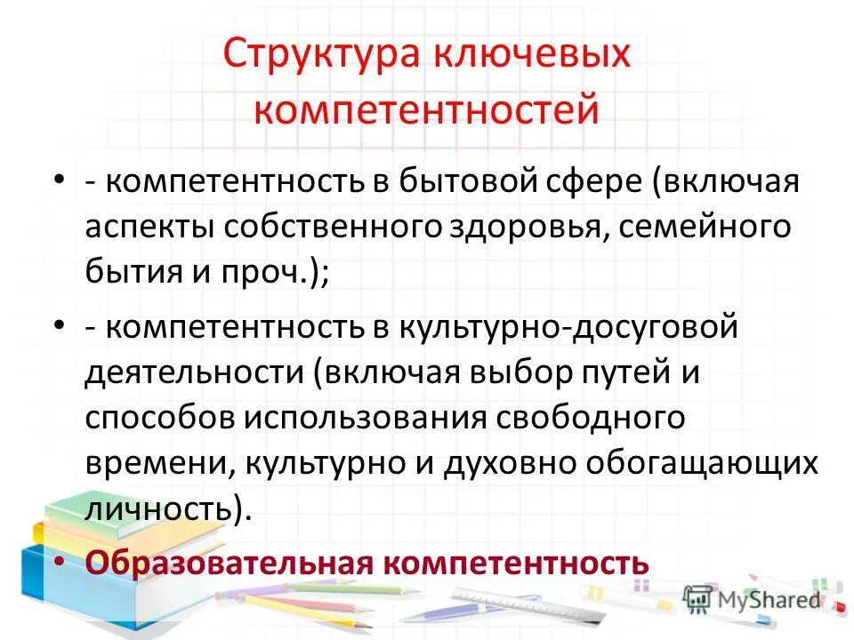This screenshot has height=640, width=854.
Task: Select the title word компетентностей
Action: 426,111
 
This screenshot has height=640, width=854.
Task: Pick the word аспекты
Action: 148,227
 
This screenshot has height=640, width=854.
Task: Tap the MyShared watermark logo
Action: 752,598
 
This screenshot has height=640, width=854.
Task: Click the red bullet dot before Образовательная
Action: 58,562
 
